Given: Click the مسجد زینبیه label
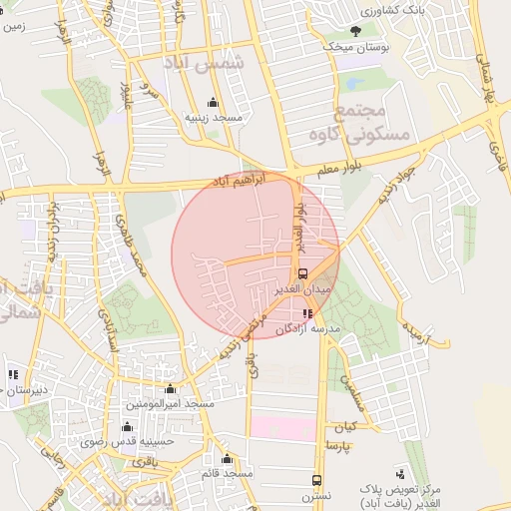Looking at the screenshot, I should [214, 117].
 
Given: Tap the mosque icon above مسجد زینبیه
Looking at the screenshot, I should [213, 102].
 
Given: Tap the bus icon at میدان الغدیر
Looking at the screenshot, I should [302, 273].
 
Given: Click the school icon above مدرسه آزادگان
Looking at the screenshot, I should [306, 313].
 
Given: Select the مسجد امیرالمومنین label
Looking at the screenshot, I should [170, 404].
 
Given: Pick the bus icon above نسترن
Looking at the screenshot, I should [316, 480].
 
